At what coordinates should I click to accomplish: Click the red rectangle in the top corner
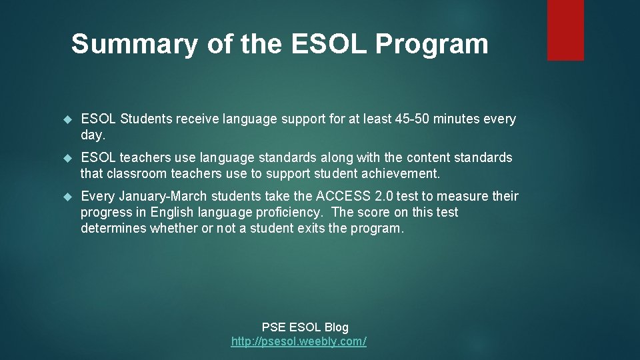(565, 30)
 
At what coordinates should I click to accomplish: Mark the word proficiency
(291, 213)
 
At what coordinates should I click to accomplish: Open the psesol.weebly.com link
(299, 342)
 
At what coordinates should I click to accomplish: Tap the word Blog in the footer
(336, 327)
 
